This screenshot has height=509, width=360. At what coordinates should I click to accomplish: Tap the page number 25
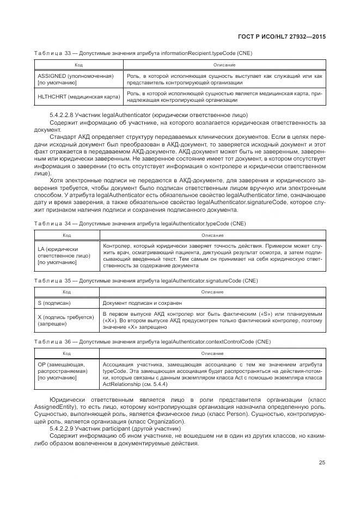click(322, 463)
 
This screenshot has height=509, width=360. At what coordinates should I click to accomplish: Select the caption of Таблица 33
click(143, 53)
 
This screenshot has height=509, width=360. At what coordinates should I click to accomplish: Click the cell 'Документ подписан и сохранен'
click(142, 303)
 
